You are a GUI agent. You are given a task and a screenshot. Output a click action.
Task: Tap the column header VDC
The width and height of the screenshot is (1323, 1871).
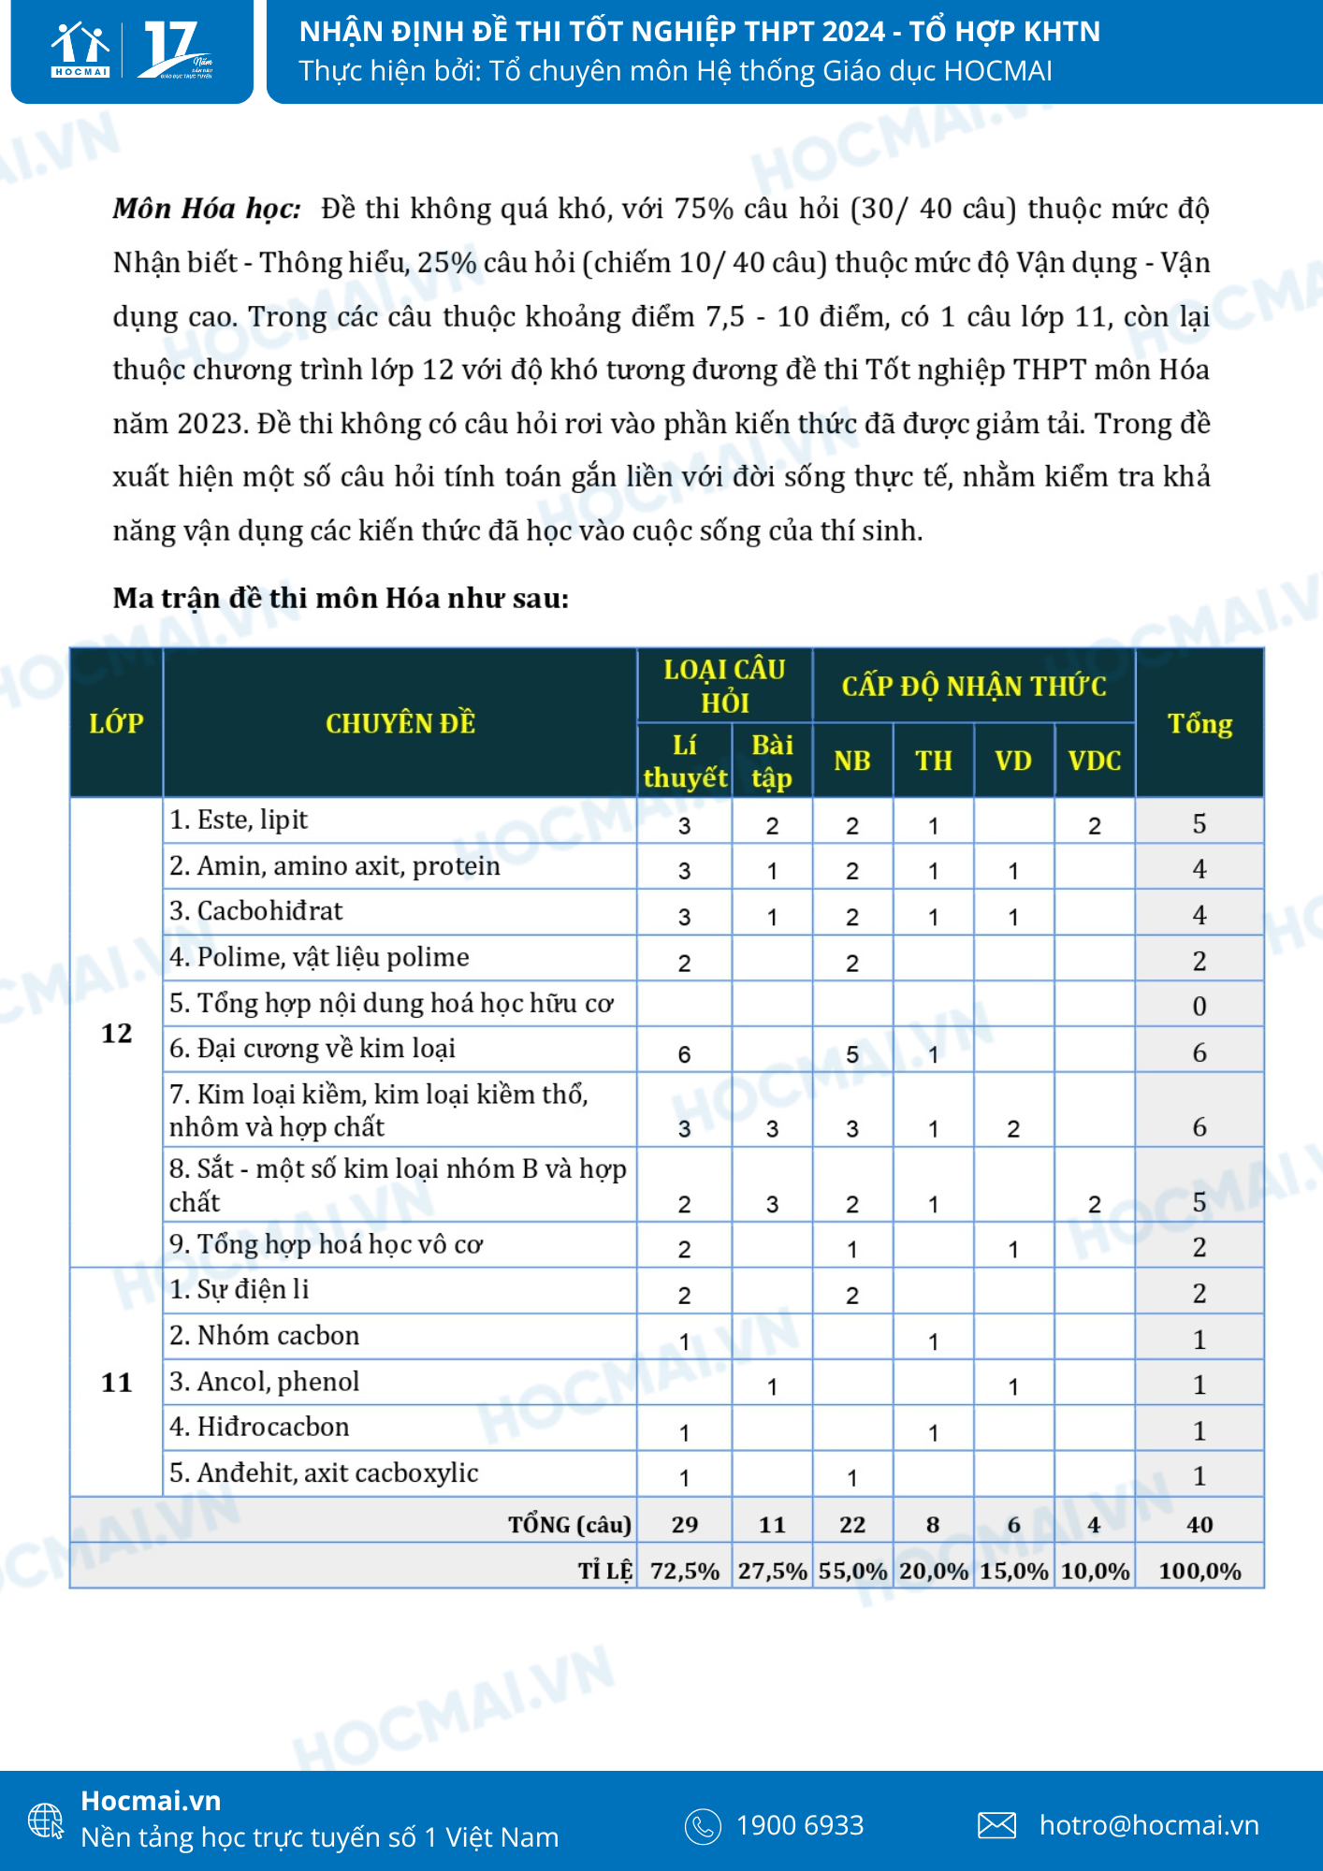[x=1094, y=761]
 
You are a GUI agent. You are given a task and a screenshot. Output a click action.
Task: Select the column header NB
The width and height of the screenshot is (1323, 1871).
[x=851, y=761]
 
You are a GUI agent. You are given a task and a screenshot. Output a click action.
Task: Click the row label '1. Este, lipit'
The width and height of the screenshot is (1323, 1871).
[x=239, y=819]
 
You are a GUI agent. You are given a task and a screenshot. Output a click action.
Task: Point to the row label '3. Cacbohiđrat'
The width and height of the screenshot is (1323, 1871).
[x=256, y=910]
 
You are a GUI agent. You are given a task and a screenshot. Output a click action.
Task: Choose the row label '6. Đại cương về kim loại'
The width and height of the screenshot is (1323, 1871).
[x=313, y=1049]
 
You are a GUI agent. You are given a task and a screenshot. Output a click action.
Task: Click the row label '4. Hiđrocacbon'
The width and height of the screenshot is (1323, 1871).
[x=259, y=1427]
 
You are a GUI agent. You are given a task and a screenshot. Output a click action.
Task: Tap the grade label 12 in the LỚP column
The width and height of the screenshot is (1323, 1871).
[x=116, y=1033]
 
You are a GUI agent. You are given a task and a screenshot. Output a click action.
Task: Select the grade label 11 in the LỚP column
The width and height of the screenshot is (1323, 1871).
[x=116, y=1382]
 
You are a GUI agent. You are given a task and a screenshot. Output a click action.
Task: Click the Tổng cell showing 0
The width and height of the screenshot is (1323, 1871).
[x=1199, y=1006]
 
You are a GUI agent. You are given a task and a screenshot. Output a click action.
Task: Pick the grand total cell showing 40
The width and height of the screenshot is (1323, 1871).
[x=1199, y=1524]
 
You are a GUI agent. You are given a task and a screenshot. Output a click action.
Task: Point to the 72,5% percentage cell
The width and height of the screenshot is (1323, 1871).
[x=684, y=1571]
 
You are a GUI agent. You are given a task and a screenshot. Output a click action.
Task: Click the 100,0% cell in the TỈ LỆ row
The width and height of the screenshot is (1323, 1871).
[x=1199, y=1571]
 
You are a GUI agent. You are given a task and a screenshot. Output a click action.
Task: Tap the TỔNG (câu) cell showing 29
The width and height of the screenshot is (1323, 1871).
[x=684, y=1524]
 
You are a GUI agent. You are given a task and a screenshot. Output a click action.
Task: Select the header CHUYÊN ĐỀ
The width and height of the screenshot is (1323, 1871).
[x=400, y=723]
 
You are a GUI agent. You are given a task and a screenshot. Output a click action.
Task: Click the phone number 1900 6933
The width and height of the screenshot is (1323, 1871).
[x=799, y=1824]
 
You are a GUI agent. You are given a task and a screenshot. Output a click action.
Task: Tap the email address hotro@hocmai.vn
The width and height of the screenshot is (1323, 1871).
[x=1148, y=1824]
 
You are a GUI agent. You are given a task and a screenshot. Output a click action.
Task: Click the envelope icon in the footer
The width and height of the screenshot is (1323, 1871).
[x=996, y=1824]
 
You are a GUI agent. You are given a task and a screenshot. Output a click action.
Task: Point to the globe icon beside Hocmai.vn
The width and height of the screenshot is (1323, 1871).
[x=46, y=1820]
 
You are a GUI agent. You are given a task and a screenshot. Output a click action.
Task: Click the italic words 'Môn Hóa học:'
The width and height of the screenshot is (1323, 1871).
[x=207, y=208]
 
